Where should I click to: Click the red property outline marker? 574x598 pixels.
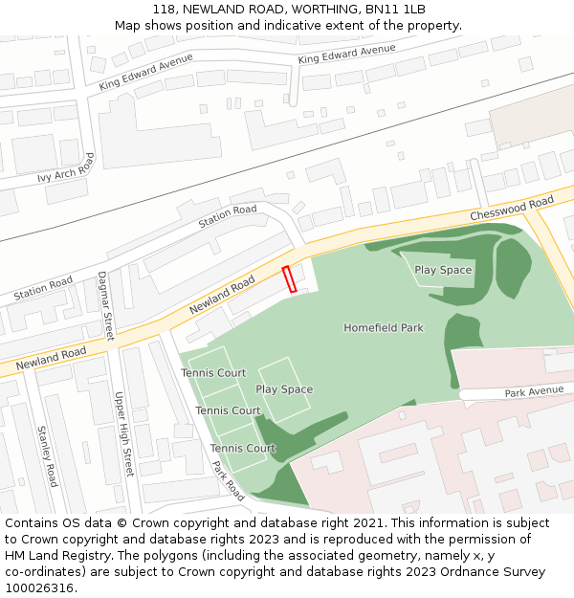290,278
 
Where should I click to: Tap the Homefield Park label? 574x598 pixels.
383,328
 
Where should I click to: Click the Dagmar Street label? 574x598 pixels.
105,306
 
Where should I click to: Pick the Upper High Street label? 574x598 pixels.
123,434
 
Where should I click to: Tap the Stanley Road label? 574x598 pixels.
47,456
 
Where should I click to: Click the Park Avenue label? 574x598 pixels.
535,392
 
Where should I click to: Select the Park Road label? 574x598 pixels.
229,479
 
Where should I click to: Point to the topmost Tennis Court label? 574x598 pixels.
213,373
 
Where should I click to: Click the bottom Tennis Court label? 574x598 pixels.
243,448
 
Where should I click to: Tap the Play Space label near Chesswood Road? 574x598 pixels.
443,270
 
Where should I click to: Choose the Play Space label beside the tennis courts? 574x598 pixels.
284,389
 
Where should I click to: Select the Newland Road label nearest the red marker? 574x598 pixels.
222,296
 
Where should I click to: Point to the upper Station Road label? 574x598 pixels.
228,216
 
